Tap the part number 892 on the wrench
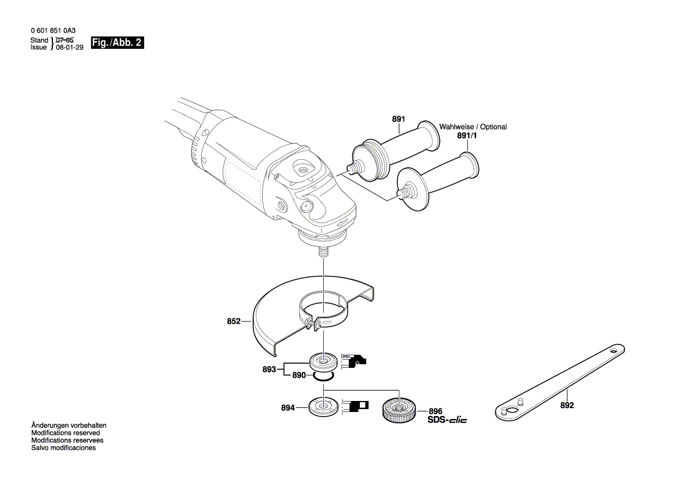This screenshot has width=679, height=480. (x=567, y=406)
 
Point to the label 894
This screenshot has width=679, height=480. (x=288, y=408)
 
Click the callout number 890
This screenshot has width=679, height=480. (x=299, y=375)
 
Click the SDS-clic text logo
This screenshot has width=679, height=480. (x=447, y=420)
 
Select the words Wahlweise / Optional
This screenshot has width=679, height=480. (x=473, y=127)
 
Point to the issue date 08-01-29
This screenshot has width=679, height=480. (x=69, y=49)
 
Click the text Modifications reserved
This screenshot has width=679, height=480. (x=65, y=433)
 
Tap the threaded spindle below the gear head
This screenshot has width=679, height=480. (x=323, y=254)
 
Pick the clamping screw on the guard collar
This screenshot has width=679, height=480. (x=315, y=324)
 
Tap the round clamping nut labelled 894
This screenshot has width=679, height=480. (x=322, y=405)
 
